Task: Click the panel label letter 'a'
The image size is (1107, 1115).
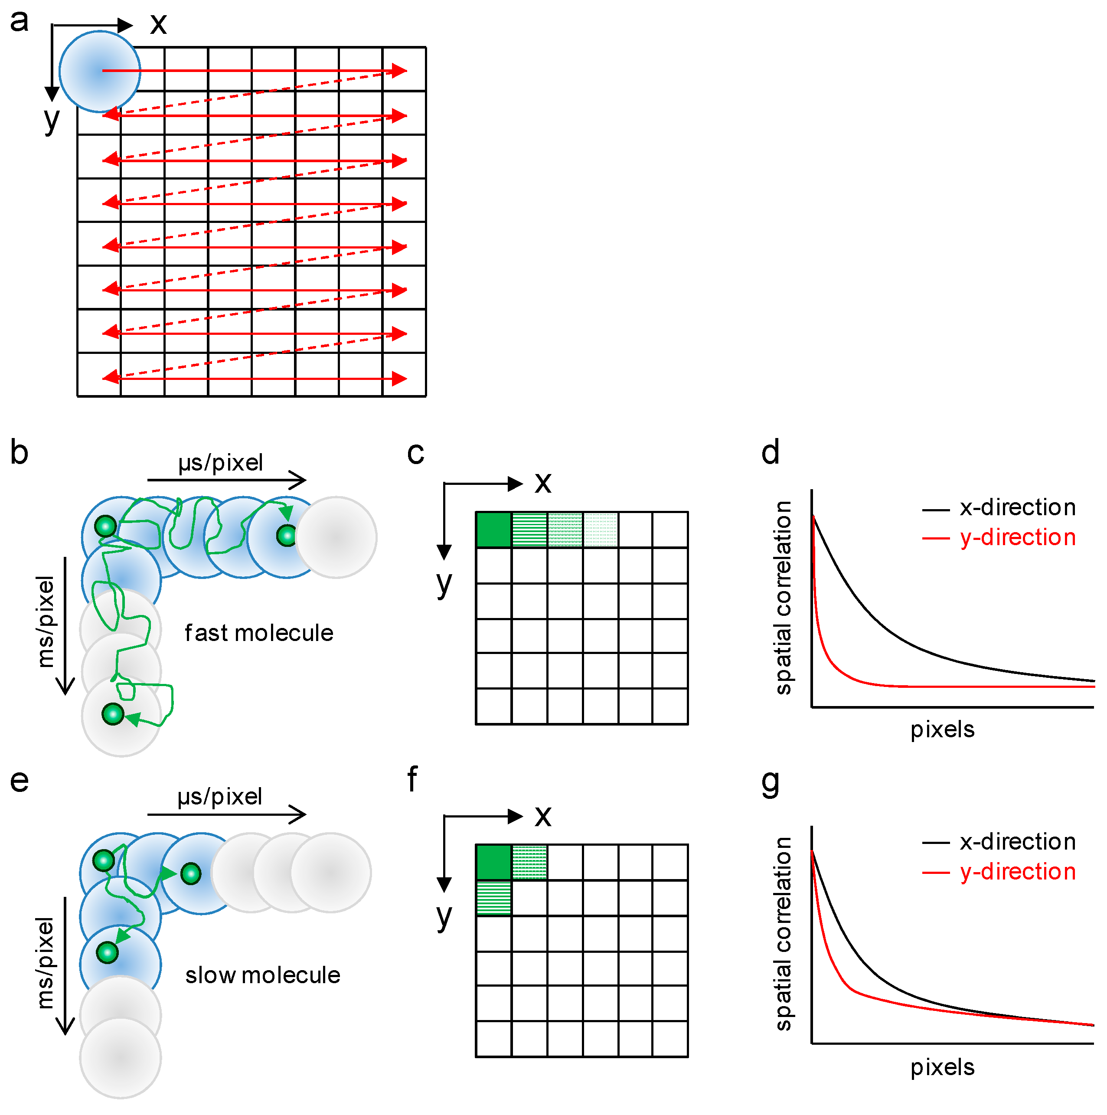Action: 19,21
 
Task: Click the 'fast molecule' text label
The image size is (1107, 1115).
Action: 258,633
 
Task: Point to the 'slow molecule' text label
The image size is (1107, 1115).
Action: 263,975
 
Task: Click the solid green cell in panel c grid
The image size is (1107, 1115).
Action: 493,529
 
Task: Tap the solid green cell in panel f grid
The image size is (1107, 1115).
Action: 493,862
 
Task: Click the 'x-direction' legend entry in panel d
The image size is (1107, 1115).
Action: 1017,507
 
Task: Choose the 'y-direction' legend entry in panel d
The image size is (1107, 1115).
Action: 1017,537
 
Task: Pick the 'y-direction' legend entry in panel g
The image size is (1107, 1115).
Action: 1017,871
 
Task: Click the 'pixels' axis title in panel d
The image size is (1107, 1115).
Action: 942,729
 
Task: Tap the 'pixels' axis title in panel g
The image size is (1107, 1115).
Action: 942,1067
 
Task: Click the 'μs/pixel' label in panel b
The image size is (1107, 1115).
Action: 220,463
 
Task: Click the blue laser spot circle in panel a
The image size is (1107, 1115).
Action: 100,72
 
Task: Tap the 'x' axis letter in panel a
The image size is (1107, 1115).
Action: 158,24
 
